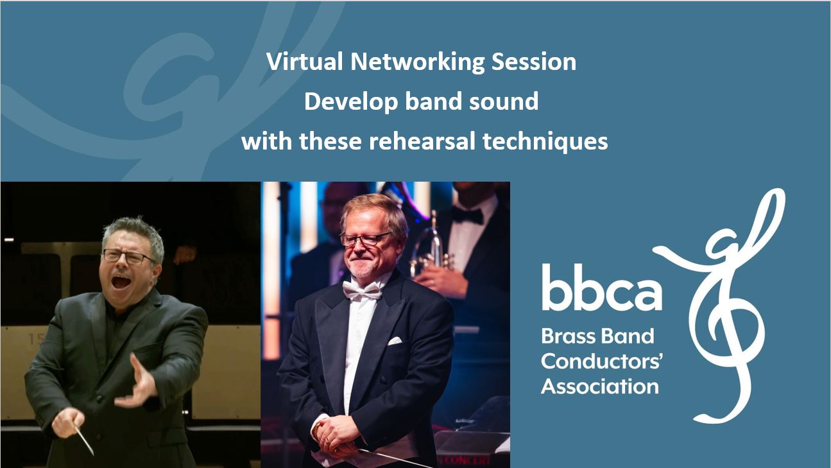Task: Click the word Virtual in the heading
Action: click(304, 61)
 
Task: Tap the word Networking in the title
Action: click(417, 62)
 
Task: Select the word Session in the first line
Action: click(534, 61)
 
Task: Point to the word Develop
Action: click(350, 102)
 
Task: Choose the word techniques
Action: click(545, 142)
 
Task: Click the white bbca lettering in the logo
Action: click(601, 287)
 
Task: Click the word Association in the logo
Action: click(600, 386)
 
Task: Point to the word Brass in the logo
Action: click(568, 336)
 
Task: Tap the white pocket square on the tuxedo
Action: click(395, 341)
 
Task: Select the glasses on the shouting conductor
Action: click(128, 256)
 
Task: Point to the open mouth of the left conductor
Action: click(121, 281)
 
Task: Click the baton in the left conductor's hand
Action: click(84, 441)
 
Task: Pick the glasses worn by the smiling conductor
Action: click(365, 239)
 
